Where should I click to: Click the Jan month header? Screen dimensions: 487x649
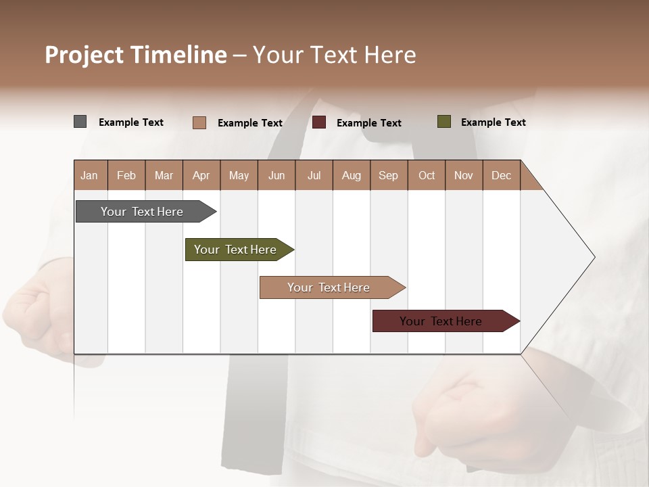pos(89,175)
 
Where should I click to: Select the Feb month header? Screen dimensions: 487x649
pos(126,175)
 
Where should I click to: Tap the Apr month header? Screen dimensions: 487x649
pos(201,175)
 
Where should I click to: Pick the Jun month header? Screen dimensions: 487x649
pos(277,175)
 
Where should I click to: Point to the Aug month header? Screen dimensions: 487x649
pos(351,175)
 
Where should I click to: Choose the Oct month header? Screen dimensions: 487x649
pos(427,175)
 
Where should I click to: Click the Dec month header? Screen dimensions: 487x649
pos(501,175)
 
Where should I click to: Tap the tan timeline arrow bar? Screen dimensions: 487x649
pos(329,287)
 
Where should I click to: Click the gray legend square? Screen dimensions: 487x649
pos(80,122)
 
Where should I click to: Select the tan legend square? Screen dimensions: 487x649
pos(199,122)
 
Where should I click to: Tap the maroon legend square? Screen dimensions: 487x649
pos(319,122)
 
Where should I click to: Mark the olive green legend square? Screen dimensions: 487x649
pos(443,122)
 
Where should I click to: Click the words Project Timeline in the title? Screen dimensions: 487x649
pos(136,55)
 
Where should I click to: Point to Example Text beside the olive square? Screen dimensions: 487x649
pos(493,122)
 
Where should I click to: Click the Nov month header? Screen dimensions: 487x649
pos(463,175)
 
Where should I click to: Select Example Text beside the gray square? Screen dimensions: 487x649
pos(131,122)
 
